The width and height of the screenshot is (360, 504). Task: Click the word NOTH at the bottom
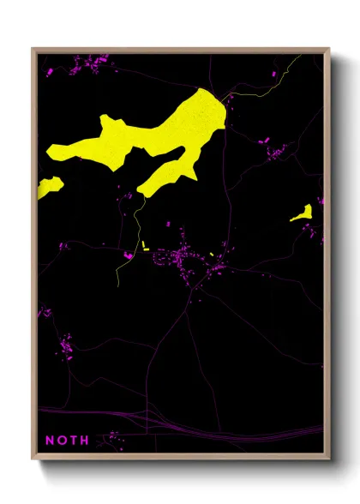pyautogui.click(x=67, y=440)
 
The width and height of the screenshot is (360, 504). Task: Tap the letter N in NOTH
pyautogui.click(x=49, y=440)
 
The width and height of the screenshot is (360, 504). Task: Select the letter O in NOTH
pyautogui.click(x=61, y=440)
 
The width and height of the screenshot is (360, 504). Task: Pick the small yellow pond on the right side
pyautogui.click(x=302, y=213)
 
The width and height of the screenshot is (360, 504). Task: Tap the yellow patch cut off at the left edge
pyautogui.click(x=48, y=187)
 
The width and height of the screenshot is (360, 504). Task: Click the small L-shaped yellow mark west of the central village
pyautogui.click(x=145, y=247)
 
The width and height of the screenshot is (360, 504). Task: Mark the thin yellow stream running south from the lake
pyautogui.click(x=135, y=231)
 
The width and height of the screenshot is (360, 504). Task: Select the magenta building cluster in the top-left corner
pyautogui.click(x=90, y=64)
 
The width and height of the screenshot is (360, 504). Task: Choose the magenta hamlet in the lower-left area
pyautogui.click(x=64, y=347)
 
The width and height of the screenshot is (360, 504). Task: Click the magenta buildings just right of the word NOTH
pyautogui.click(x=110, y=442)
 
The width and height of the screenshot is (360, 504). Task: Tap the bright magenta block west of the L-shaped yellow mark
pyautogui.click(x=129, y=254)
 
